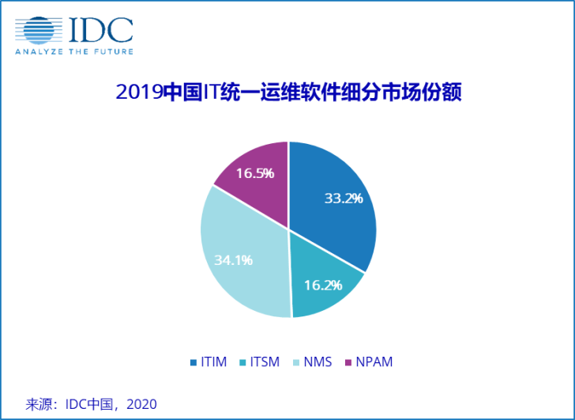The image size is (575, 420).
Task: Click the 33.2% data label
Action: point(344,198)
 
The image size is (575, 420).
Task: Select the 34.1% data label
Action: point(233,259)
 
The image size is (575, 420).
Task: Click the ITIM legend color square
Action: point(194,362)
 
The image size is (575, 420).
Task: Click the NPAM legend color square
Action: point(348,362)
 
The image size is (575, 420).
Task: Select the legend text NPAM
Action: point(374,362)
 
